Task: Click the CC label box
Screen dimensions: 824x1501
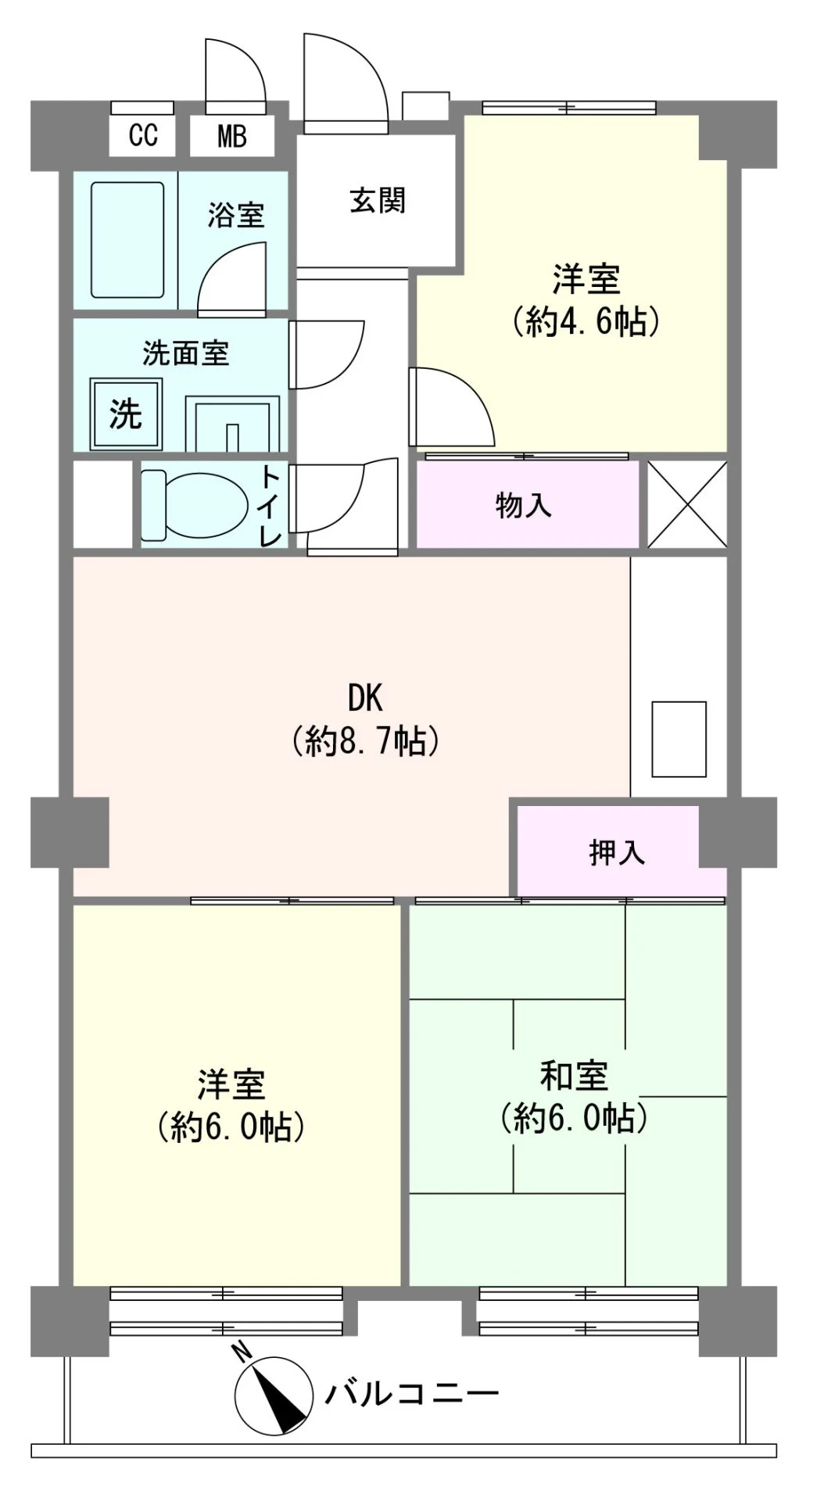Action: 143,135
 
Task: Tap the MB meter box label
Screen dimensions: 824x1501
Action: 232,136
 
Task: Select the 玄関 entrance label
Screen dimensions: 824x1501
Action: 378,201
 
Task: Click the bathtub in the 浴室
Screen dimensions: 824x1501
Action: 127,239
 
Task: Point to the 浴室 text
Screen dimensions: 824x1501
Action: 236,215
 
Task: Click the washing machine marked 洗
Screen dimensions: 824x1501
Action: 126,414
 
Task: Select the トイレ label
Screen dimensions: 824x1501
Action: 270,505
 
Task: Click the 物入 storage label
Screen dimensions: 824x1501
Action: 524,505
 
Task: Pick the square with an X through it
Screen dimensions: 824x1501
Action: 688,504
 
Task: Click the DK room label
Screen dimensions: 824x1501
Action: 365,697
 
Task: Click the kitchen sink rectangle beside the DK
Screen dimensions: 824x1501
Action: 679,739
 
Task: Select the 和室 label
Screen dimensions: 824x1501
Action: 575,1076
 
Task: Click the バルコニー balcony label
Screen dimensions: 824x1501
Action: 411,1393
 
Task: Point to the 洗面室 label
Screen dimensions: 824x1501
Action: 186,353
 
